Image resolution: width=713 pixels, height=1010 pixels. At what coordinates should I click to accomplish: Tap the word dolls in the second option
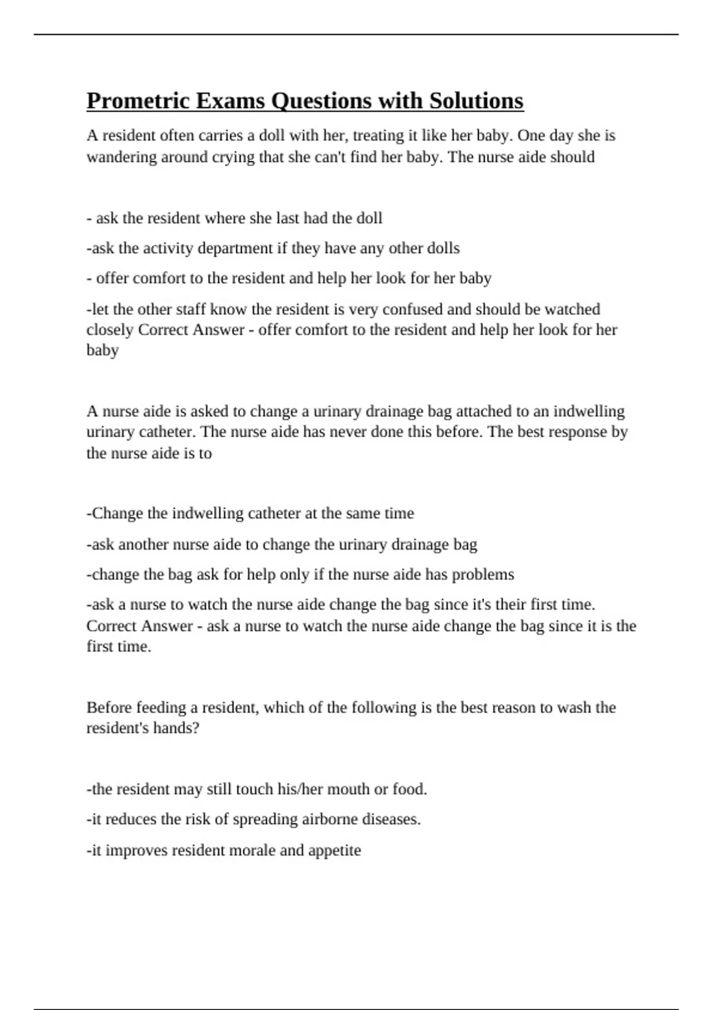[x=443, y=248]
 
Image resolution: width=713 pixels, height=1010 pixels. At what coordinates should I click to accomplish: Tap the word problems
[x=482, y=575]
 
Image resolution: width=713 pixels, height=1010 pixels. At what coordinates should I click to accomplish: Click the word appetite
[x=335, y=851]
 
